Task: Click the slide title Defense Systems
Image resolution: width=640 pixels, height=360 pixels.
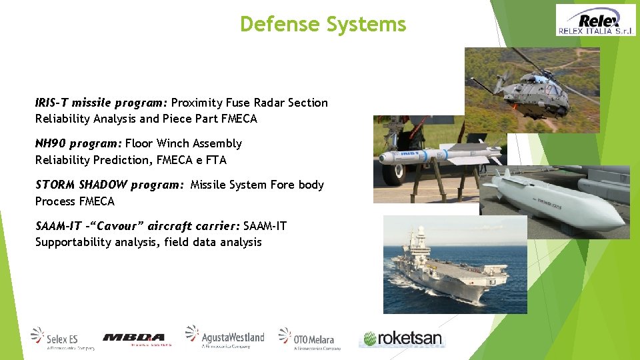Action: pos(323,25)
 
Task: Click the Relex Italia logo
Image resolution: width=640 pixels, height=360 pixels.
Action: pos(596,20)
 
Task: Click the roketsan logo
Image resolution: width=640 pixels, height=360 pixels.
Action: pos(401,338)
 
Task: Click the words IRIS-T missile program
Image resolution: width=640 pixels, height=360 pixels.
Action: pos(101,103)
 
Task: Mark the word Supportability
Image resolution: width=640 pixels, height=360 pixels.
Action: pos(73,242)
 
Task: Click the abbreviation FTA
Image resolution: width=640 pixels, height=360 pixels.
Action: pos(216,160)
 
